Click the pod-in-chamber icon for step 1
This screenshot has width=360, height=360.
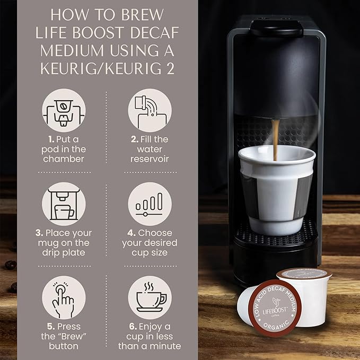64,111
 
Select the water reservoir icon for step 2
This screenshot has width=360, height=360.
150,111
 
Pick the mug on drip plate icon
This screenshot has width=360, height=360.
64,205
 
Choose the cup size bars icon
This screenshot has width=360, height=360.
150,205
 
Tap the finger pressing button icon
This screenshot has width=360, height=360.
64,298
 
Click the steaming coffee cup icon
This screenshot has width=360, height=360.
150,298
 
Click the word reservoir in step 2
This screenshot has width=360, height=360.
150,159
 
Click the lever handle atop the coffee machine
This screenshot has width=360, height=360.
276,27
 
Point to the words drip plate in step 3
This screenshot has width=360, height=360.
64,252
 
